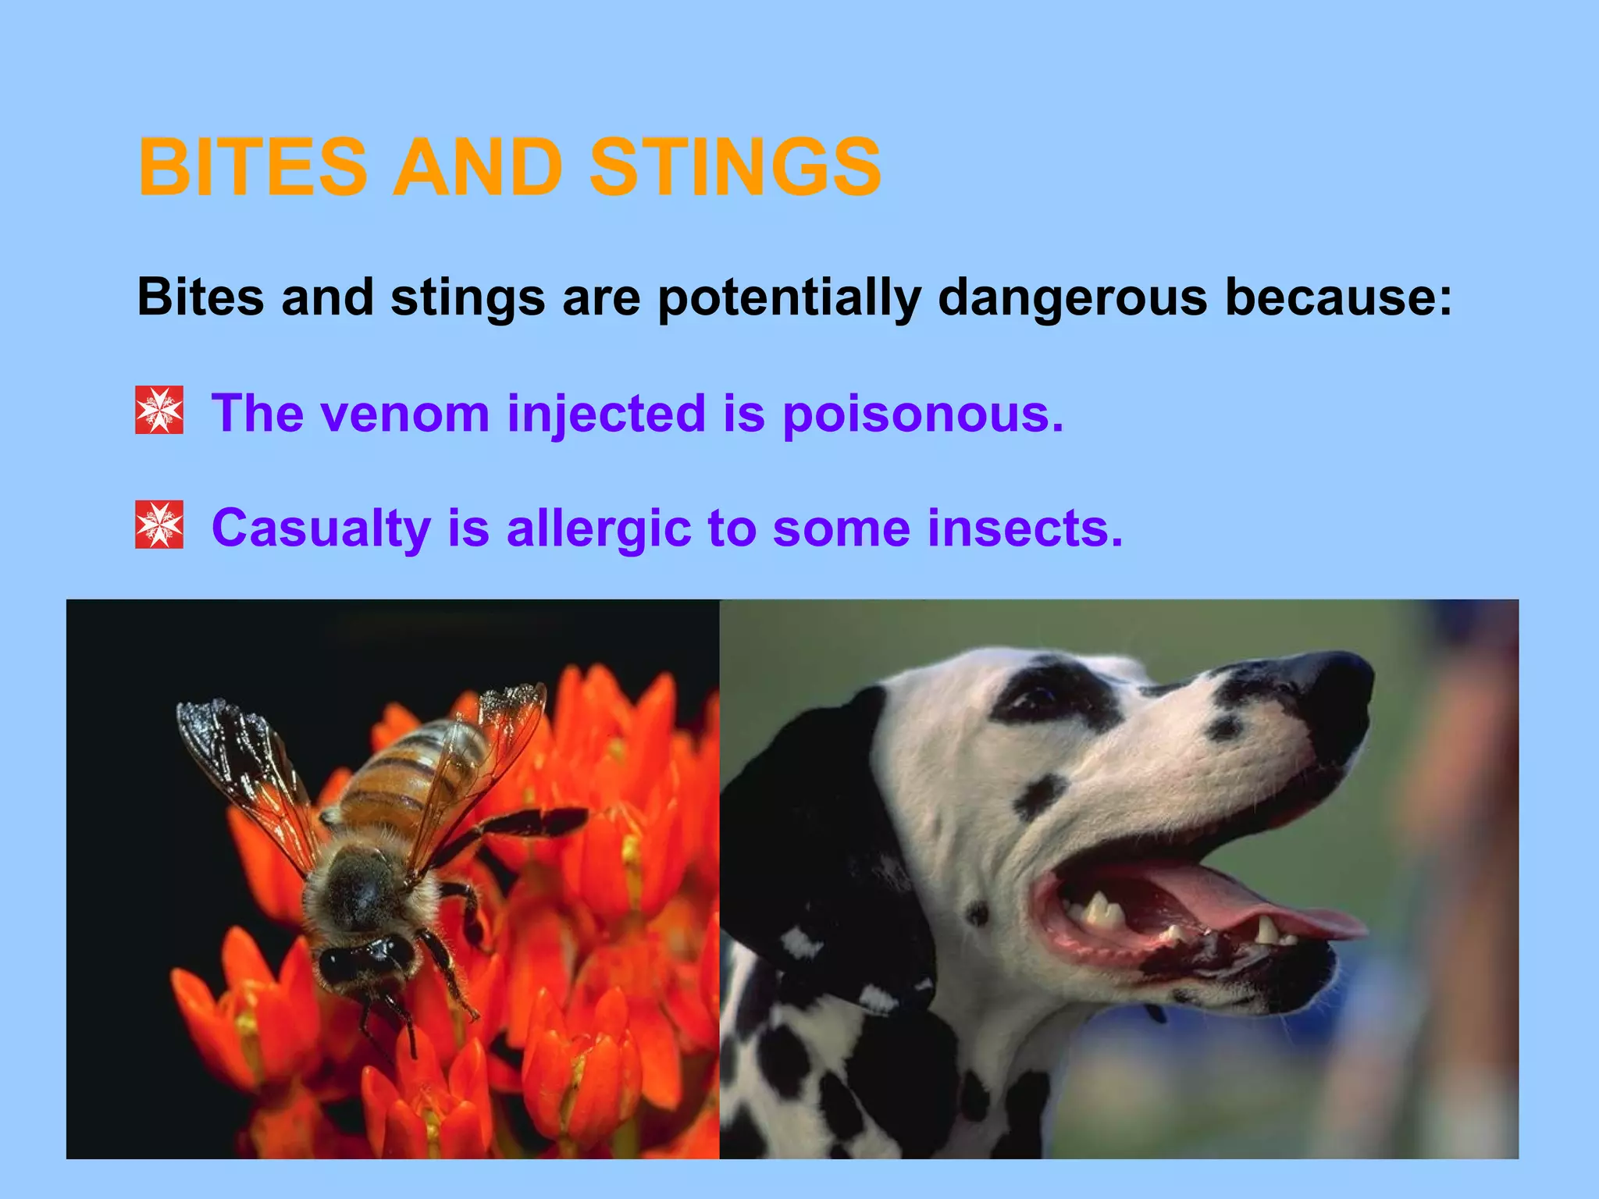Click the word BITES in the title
tap(251, 167)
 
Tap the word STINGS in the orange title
tap(735, 167)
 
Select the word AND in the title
tap(477, 167)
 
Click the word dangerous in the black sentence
tap(1073, 297)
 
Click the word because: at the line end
tap(1338, 297)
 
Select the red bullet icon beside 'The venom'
tap(159, 410)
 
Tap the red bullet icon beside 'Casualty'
tap(159, 525)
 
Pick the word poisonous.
tap(923, 414)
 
